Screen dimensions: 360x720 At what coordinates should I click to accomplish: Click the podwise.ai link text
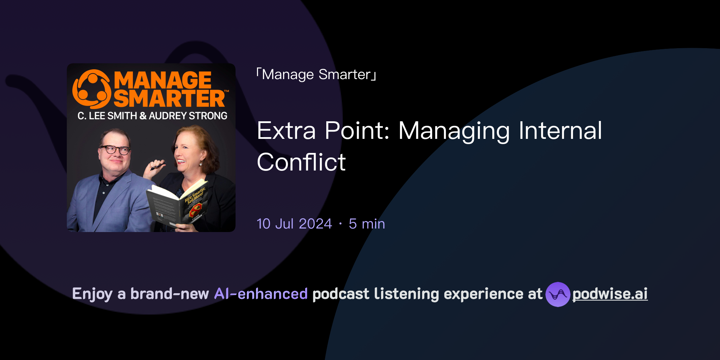(610, 294)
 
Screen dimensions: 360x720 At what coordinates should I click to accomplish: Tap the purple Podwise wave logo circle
(558, 294)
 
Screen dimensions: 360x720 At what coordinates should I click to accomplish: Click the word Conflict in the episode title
(301, 162)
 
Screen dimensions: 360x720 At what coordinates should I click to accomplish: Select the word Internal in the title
(560, 131)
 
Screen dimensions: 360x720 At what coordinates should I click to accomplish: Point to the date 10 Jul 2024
(294, 224)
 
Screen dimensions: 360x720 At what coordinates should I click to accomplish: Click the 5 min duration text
(367, 224)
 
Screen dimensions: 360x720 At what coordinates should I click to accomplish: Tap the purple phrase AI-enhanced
(261, 294)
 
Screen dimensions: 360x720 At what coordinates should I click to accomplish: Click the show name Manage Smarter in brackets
(316, 75)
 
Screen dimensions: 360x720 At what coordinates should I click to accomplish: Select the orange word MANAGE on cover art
(162, 80)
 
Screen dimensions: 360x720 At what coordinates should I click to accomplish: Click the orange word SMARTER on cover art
(169, 98)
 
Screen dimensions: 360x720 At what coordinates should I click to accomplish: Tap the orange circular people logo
(92, 89)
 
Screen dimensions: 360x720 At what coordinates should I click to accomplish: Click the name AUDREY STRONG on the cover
(188, 116)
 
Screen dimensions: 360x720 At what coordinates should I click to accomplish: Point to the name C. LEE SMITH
(107, 116)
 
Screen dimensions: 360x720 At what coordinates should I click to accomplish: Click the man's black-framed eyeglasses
(115, 150)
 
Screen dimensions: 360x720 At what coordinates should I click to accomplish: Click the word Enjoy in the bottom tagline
(92, 294)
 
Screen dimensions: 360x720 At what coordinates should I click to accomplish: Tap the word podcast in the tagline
(341, 294)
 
